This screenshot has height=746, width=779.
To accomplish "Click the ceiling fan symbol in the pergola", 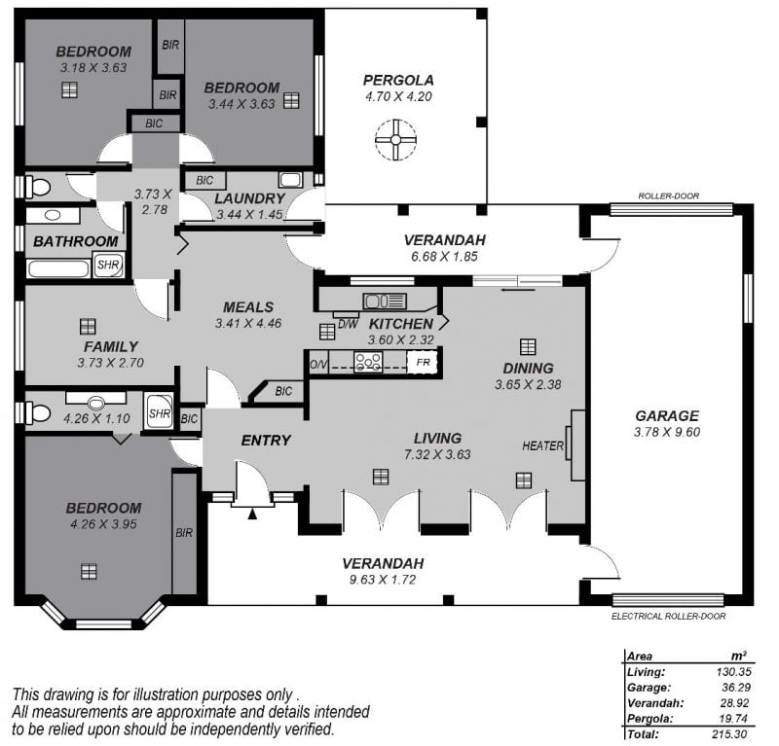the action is coord(395,140).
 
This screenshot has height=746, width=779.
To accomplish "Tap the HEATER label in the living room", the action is coord(542,445).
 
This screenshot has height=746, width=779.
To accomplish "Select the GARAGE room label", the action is coord(667,416).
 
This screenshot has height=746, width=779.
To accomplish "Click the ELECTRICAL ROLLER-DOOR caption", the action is coord(668,616).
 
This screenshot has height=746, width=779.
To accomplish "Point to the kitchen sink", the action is coord(385,301).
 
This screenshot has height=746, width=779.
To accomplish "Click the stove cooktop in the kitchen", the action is coord(368,362).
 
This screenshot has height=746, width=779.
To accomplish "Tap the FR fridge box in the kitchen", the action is coord(423,363).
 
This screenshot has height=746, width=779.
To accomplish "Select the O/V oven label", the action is coord(319,365).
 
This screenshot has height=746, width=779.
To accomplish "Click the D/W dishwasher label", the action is coord(348,325).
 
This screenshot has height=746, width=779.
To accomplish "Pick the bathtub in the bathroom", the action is coord(58,268).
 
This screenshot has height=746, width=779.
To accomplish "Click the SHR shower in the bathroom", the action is coord(108,264).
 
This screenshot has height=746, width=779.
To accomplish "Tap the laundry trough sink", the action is coord(290,180).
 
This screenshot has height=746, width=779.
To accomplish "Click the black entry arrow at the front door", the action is coord(252,514).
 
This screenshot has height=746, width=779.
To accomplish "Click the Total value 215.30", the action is coord(729,733).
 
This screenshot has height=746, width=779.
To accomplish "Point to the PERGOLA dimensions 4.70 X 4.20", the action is coord(398,96).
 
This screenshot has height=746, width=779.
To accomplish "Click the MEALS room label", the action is coord(248,307).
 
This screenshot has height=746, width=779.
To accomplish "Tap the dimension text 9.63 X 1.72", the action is coord(383,580).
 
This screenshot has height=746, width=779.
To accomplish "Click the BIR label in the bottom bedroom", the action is coord(184,533).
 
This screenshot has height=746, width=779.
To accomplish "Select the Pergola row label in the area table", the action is coord(649,718).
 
